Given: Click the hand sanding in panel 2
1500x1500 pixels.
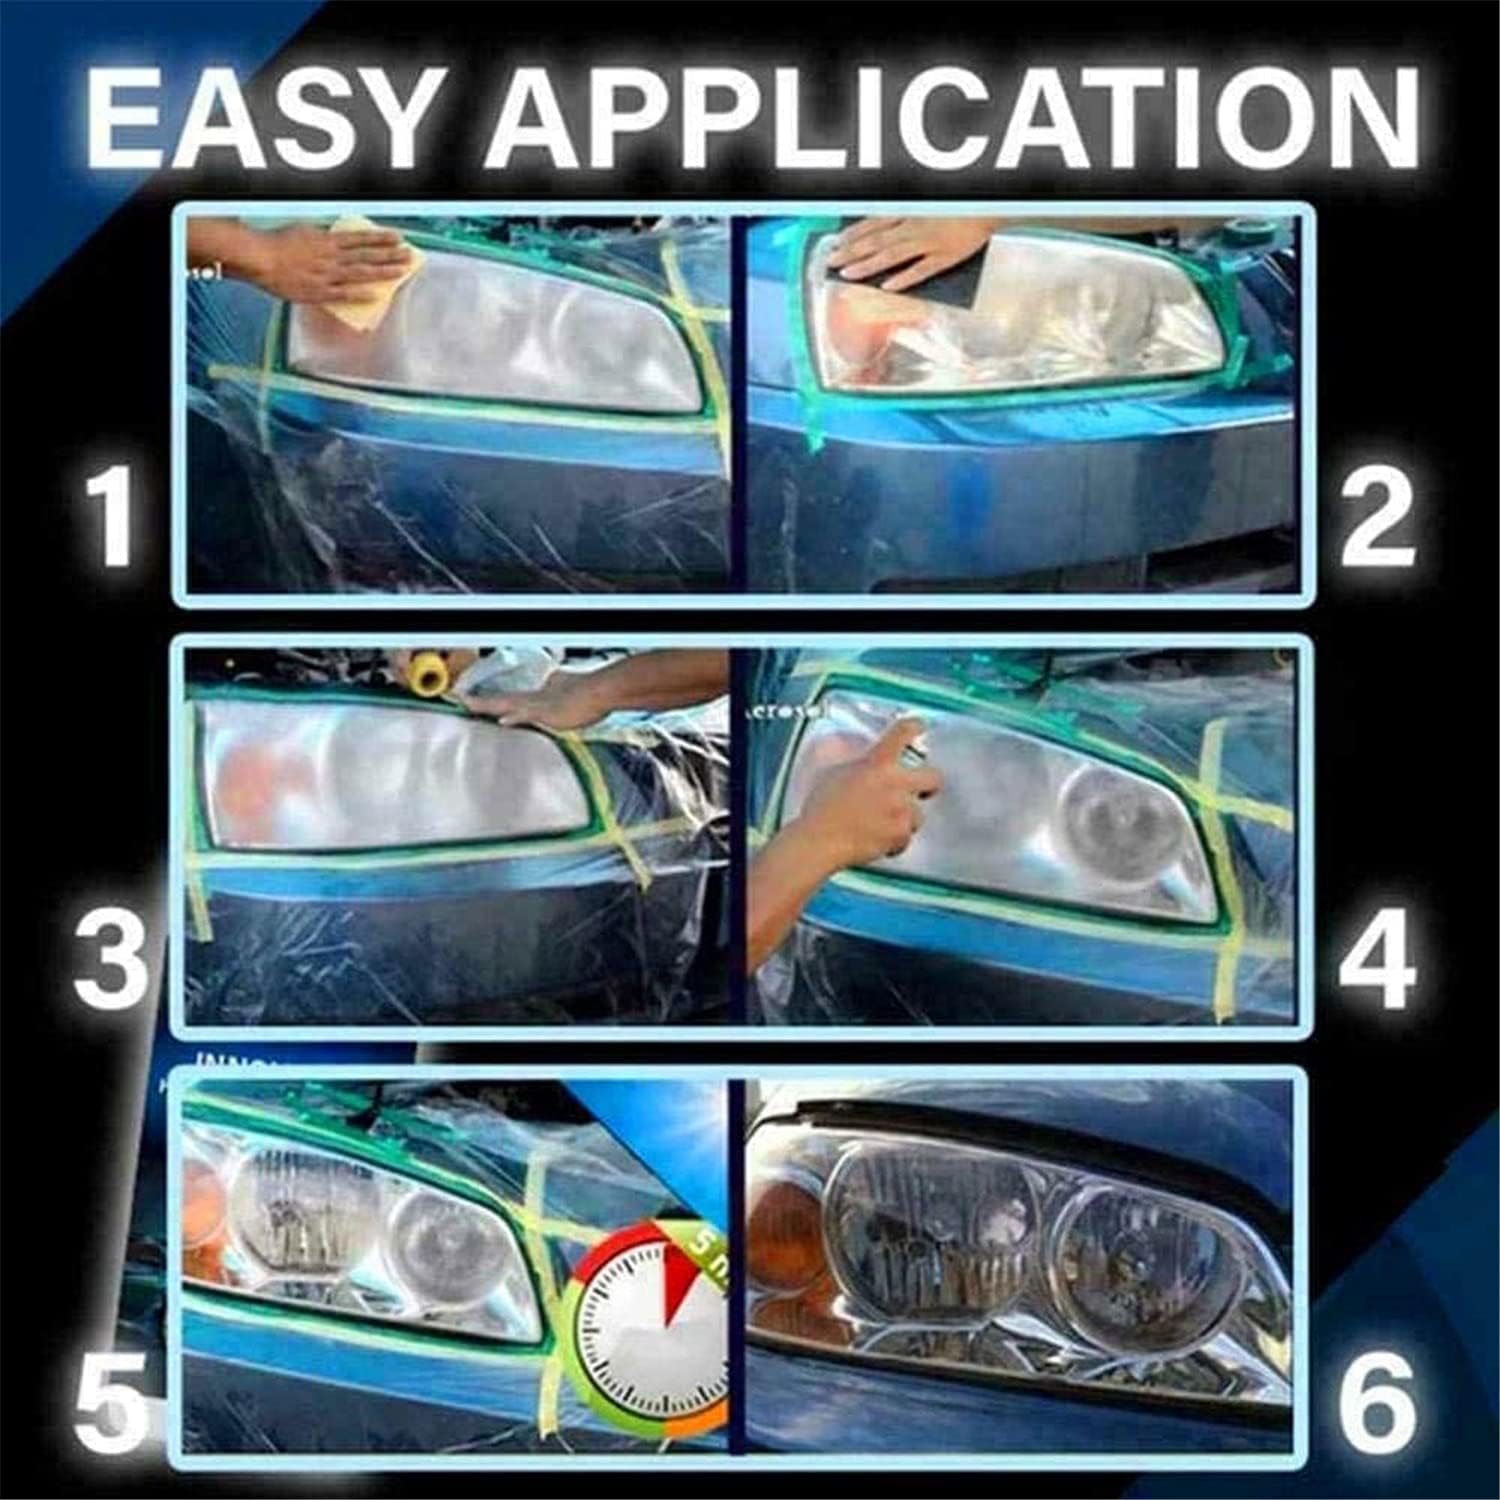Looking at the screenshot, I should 900,250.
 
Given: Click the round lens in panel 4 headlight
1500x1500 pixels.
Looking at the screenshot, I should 1110,820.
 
